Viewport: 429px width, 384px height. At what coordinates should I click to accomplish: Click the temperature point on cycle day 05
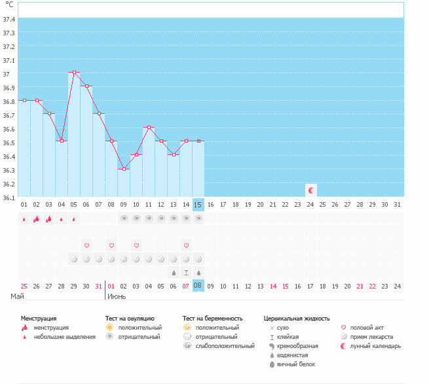tap(74, 73)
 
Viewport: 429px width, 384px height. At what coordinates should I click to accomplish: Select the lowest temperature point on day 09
tap(124, 169)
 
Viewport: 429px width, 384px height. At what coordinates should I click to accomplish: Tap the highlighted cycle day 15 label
tap(198, 205)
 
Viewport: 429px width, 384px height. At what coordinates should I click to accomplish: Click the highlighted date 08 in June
tap(198, 286)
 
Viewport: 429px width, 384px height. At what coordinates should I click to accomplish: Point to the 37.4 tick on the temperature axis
tap(9, 19)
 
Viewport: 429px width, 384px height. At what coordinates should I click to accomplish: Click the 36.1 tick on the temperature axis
tap(9, 197)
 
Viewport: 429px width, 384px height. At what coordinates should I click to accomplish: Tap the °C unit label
tap(9, 5)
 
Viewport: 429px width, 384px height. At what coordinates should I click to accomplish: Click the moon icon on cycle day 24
tap(311, 190)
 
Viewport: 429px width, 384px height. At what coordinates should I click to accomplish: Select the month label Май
tap(18, 296)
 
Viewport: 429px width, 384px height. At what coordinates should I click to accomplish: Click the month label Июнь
tap(117, 296)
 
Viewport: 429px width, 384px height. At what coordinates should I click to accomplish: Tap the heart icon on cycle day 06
tap(86, 245)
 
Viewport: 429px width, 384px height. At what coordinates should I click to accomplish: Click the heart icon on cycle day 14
tap(186, 245)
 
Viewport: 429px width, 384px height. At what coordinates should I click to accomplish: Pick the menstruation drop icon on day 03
tap(49, 219)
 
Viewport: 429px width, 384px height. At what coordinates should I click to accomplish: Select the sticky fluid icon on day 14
tap(186, 272)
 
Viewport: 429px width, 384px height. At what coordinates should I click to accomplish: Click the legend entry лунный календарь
tap(375, 345)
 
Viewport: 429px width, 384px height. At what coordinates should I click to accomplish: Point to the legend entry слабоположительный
tap(225, 345)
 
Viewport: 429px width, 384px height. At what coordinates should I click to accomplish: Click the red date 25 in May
tap(24, 286)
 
